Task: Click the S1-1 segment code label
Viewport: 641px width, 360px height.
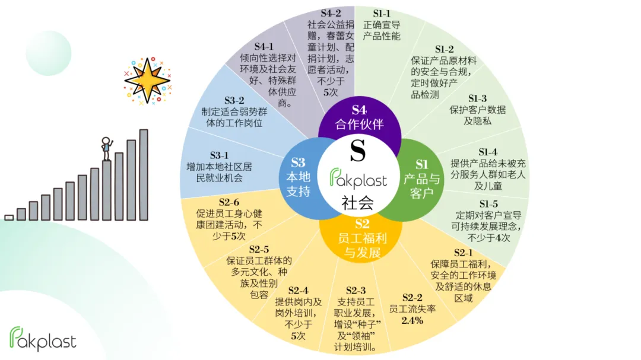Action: (382, 14)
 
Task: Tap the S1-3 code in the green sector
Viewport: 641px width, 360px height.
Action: (477, 98)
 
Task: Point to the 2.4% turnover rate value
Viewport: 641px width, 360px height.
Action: (412, 320)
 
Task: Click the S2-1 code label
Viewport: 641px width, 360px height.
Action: (463, 253)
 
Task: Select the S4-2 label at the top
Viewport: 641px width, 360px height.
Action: (330, 13)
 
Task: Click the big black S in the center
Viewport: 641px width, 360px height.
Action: (357, 151)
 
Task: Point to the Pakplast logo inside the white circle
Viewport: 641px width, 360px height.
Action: (358, 178)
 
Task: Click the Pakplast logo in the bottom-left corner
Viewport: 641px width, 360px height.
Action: (43, 339)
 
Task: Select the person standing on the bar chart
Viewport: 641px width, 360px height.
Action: (106, 148)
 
